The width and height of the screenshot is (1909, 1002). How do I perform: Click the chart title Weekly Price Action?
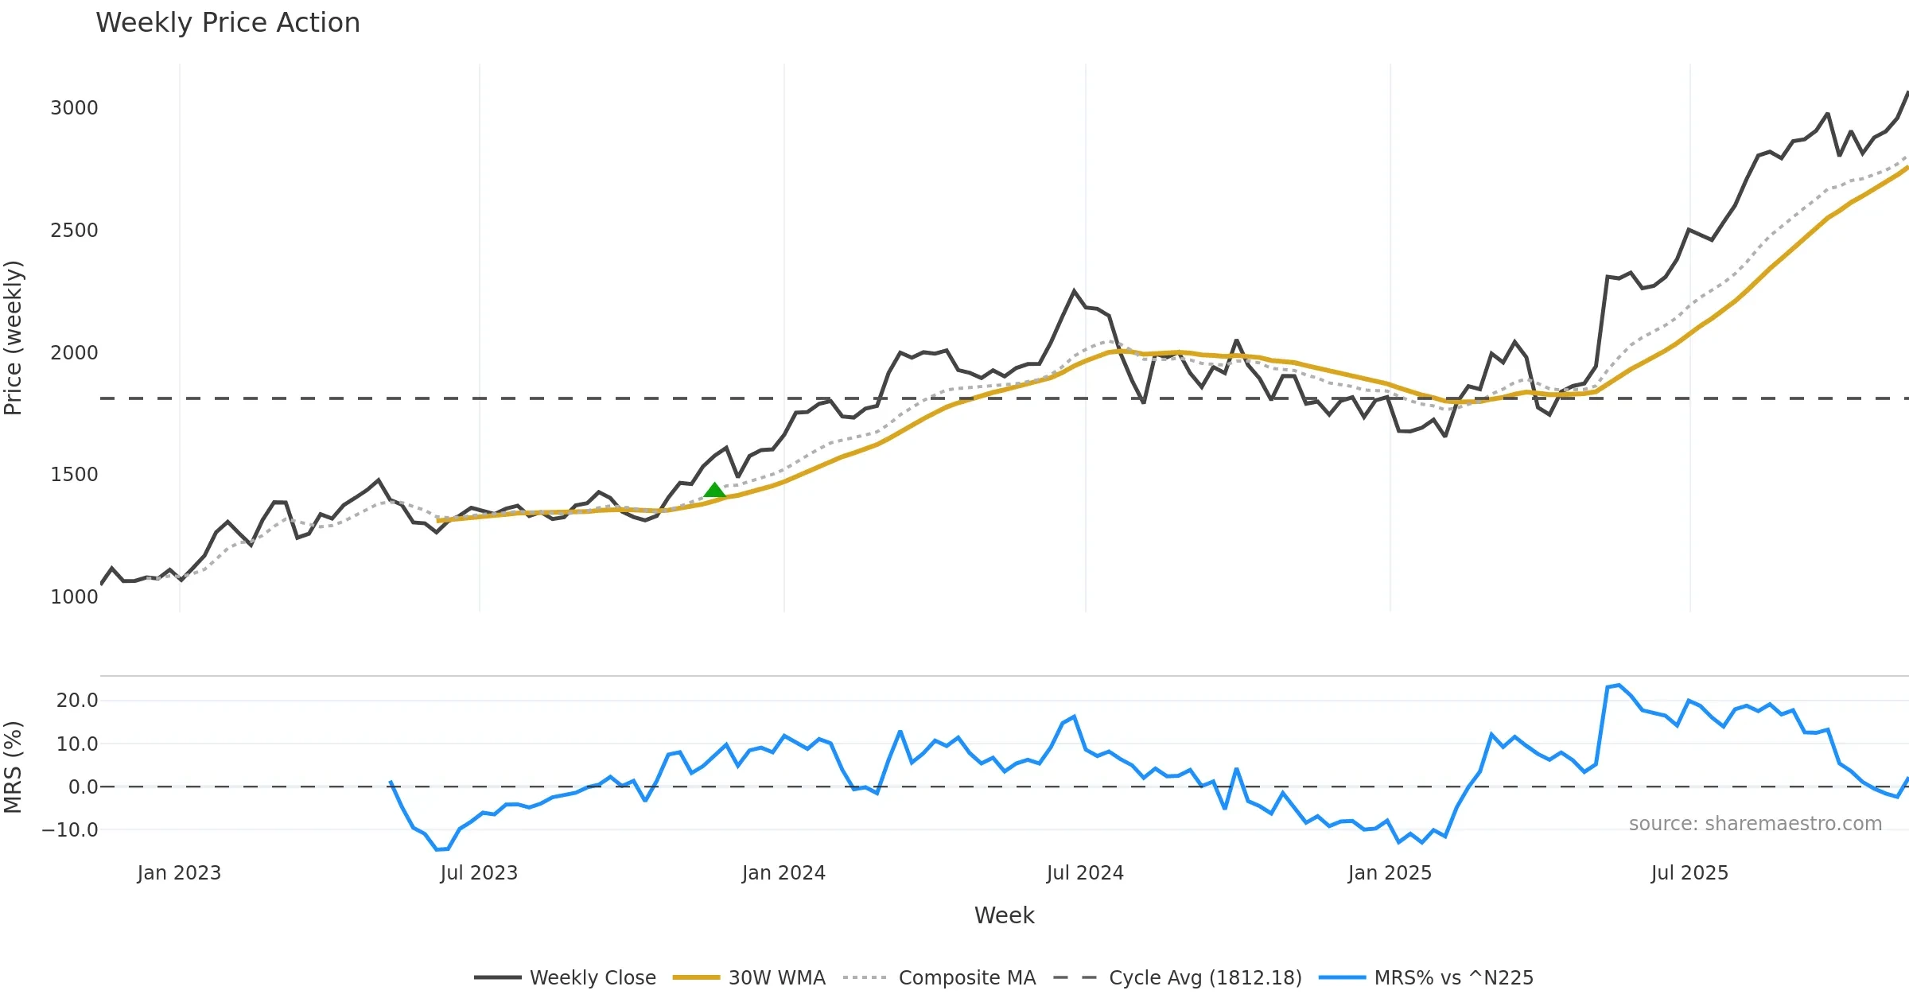[227, 23]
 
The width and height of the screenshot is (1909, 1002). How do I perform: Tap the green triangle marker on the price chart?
[714, 491]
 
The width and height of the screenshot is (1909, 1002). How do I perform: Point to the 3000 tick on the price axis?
[74, 108]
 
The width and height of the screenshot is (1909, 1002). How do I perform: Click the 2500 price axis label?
[74, 231]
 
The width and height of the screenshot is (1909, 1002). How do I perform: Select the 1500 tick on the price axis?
[74, 475]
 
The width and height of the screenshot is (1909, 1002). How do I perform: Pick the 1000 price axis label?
[74, 597]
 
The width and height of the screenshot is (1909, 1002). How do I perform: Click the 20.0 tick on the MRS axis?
[77, 701]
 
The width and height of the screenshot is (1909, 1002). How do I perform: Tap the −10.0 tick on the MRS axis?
[70, 830]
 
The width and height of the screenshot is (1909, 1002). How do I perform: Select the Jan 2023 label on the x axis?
[179, 873]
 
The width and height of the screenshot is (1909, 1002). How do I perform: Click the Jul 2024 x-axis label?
[1085, 873]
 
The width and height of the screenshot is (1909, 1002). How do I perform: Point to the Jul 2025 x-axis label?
[1689, 873]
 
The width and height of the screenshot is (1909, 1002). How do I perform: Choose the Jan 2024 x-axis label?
[783, 873]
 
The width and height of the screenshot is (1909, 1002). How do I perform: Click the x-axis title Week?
[1004, 916]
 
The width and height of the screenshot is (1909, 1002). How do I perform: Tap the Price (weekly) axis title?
[14, 338]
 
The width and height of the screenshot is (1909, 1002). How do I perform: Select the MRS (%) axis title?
[14, 767]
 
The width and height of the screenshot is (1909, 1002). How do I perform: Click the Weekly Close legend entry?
[593, 978]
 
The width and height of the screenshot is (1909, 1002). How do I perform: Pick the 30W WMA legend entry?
[776, 978]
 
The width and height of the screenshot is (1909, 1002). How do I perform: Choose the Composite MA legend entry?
[966, 978]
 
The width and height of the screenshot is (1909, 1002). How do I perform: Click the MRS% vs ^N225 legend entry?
[1453, 978]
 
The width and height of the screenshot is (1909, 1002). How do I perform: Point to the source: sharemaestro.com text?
[1755, 824]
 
